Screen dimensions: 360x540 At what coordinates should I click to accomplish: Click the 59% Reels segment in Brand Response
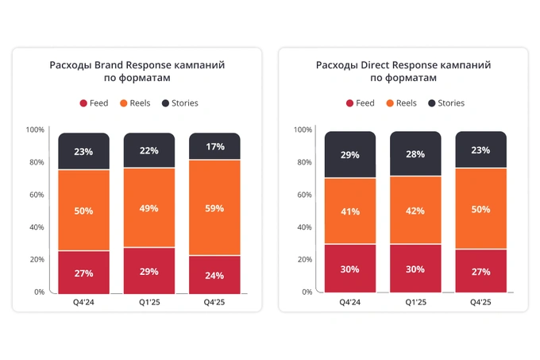214,208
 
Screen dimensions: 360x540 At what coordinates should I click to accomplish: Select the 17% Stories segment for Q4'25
214,147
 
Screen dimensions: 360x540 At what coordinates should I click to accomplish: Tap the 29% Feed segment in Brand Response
149,271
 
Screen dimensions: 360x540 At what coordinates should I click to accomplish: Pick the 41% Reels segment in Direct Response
350,211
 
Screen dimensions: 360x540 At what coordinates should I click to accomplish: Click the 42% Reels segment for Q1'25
415,211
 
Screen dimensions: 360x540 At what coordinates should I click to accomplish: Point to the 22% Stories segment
149,151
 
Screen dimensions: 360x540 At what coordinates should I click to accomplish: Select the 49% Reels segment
149,208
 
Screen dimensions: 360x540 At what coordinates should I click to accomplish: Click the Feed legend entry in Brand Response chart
94,103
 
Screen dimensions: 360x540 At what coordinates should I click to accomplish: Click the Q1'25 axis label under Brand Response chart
149,302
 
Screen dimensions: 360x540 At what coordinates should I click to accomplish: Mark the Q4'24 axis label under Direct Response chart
350,302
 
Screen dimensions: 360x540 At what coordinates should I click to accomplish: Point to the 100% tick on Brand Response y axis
35,130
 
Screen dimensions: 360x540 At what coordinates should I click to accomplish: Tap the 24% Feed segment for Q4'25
214,275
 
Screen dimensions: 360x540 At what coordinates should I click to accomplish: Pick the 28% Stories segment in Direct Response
415,153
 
